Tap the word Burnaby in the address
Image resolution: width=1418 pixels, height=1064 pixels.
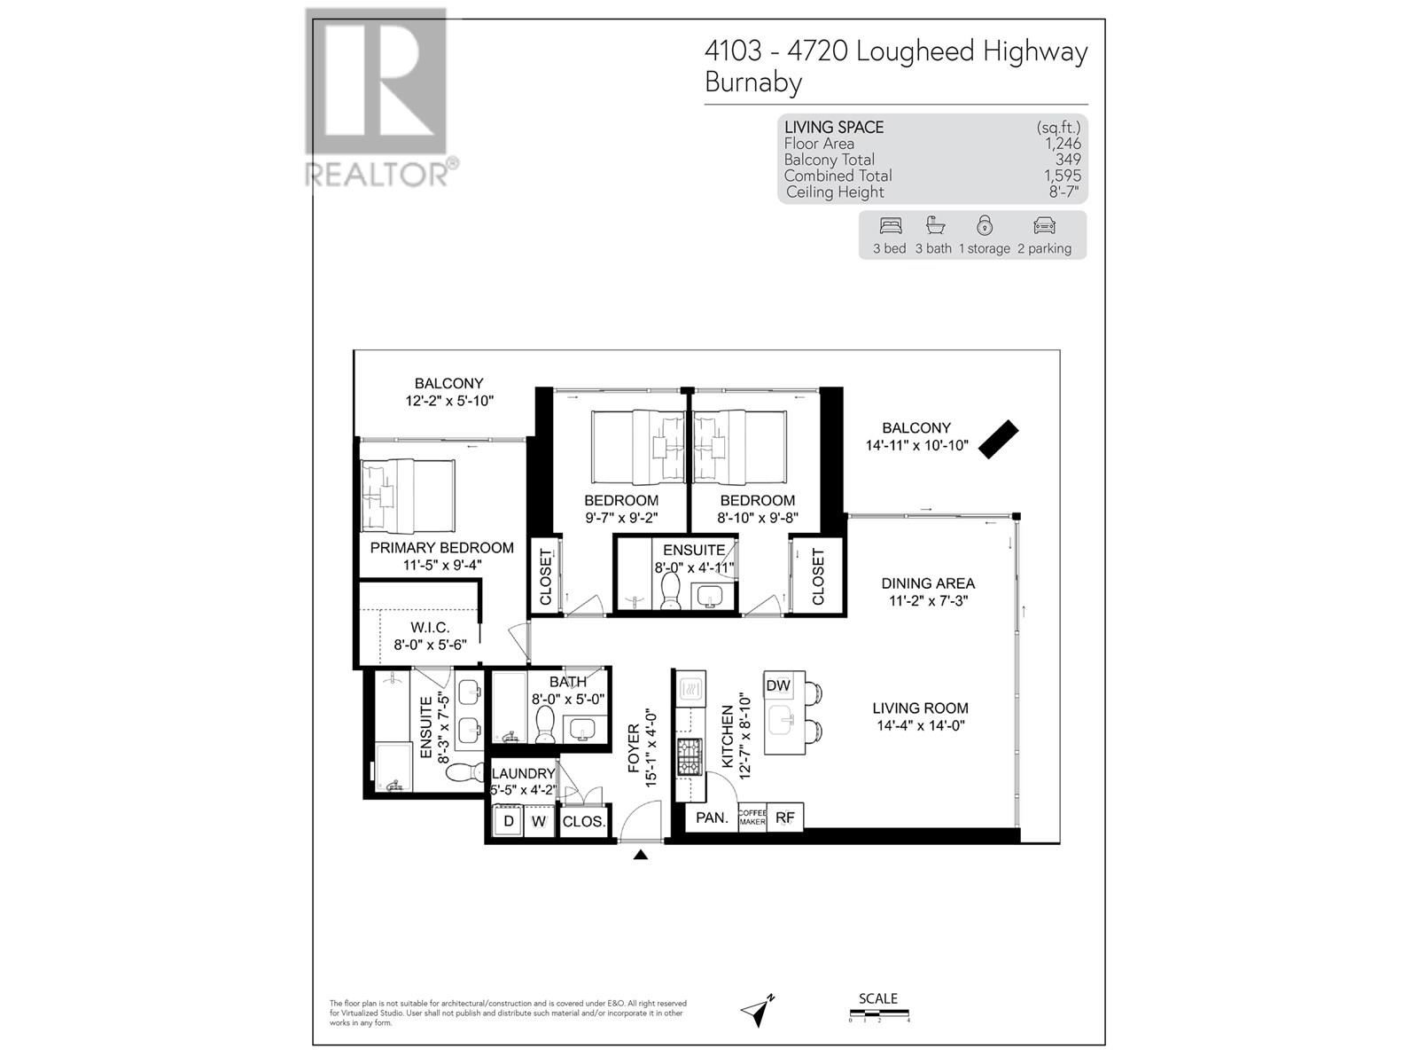click(x=753, y=82)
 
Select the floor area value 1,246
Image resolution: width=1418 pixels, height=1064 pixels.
click(x=1063, y=144)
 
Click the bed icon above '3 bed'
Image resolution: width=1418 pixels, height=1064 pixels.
click(x=890, y=225)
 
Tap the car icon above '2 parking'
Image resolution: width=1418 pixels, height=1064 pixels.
click(x=1044, y=225)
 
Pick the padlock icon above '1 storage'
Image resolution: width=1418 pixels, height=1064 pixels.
click(x=984, y=225)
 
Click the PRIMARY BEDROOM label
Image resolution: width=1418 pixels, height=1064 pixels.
click(x=441, y=548)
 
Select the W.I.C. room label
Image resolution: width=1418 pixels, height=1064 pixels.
click(x=430, y=628)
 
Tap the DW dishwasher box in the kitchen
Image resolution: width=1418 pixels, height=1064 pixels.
click(x=777, y=685)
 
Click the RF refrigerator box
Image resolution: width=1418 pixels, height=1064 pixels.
click(x=785, y=818)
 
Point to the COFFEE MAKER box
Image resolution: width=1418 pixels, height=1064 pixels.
click(x=752, y=818)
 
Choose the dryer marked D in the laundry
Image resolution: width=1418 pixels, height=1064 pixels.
click(x=509, y=821)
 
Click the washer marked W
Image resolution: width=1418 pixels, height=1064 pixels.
click(x=538, y=821)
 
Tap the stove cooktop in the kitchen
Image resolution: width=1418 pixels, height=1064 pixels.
click(x=690, y=757)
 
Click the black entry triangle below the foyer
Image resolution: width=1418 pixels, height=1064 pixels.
click(x=641, y=855)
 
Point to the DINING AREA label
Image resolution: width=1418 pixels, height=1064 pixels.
click(x=927, y=583)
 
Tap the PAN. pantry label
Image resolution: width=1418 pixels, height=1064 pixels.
click(x=712, y=818)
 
